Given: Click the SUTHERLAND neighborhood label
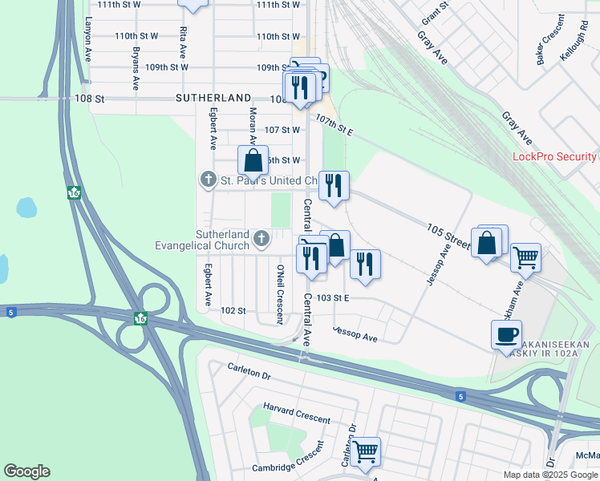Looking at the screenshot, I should pyautogui.click(x=213, y=98).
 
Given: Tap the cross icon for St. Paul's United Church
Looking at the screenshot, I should pyautogui.click(x=208, y=180).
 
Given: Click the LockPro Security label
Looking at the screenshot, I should pyautogui.click(x=554, y=157).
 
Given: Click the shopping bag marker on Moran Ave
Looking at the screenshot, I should pyautogui.click(x=253, y=160).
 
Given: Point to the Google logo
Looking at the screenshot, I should pyautogui.click(x=26, y=471).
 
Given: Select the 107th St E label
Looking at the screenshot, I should pyautogui.click(x=334, y=124).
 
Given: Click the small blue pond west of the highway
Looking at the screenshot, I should pyautogui.click(x=26, y=208).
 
